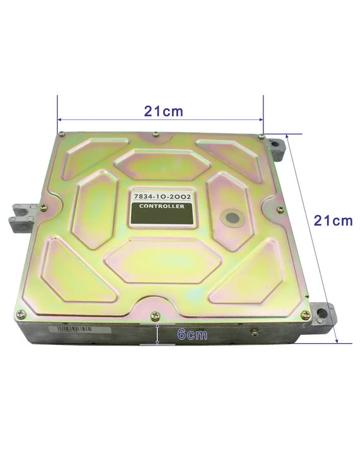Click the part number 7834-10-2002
(x=162, y=196)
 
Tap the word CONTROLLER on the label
(x=162, y=206)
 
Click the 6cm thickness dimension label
(x=192, y=334)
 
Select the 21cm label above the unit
(x=164, y=111)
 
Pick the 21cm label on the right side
(x=333, y=220)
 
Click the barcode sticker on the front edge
(x=80, y=329)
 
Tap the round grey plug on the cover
(x=232, y=218)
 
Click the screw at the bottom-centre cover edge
(x=155, y=316)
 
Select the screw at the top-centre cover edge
(x=155, y=134)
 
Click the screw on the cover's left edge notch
(x=44, y=207)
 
